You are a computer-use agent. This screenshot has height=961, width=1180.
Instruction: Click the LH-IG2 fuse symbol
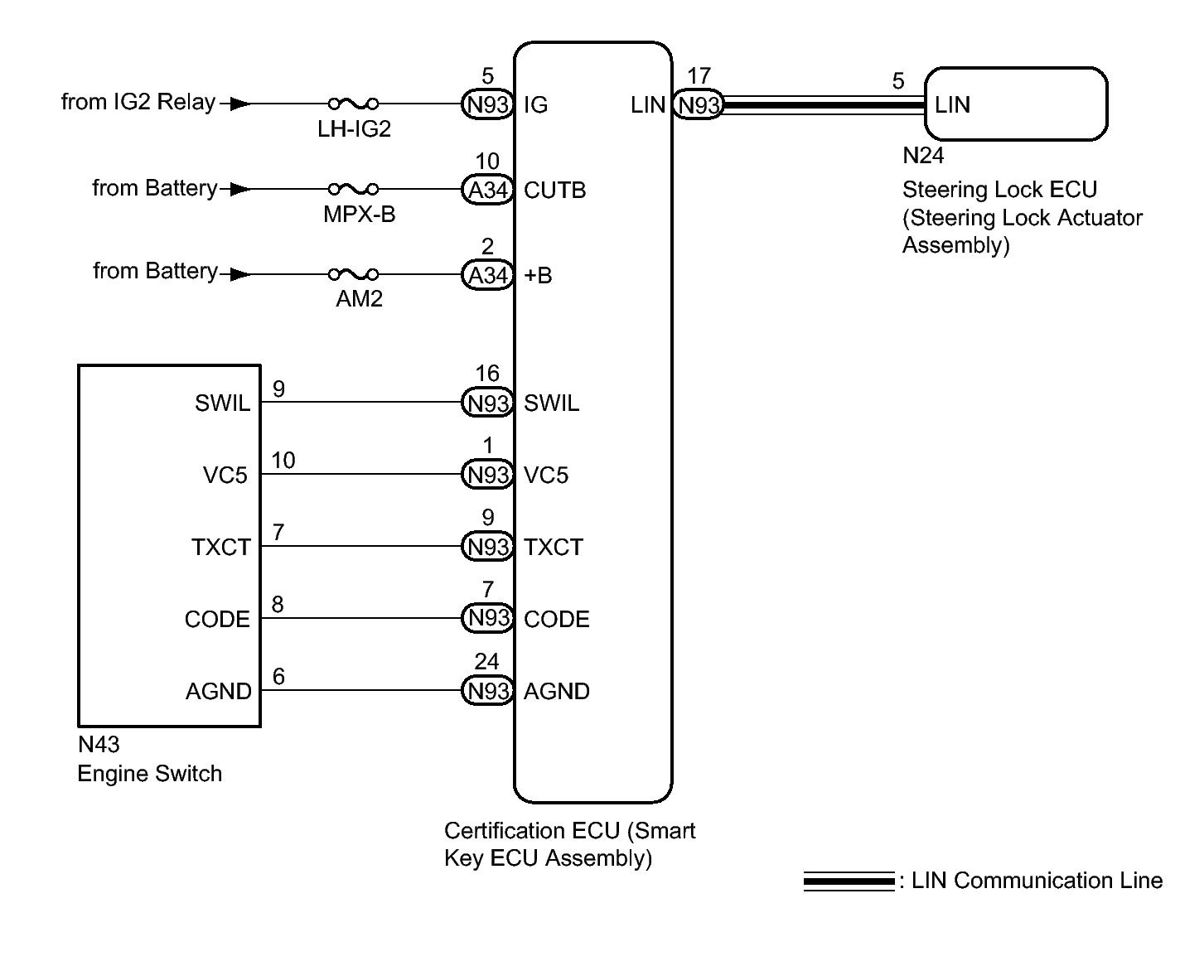(353, 104)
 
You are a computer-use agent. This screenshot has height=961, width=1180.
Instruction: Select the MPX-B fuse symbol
(353, 189)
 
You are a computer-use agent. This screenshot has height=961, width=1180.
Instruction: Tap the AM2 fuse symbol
(353, 273)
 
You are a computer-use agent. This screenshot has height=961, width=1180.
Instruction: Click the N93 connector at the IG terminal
(487, 104)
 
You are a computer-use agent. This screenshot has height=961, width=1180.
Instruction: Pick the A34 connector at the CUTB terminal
(487, 190)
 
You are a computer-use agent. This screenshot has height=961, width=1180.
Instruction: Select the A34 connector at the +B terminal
(487, 275)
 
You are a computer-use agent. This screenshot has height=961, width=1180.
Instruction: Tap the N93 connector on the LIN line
(699, 104)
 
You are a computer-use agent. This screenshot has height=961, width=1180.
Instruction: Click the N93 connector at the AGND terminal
(487, 690)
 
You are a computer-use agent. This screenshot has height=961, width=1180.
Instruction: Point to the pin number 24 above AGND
(487, 661)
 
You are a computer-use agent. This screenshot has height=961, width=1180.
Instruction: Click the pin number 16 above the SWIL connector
(487, 373)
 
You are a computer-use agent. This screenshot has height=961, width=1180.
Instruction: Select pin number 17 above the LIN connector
(699, 75)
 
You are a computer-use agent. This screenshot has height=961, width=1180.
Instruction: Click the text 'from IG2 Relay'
(138, 102)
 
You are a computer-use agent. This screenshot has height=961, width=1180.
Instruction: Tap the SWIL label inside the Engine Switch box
(223, 403)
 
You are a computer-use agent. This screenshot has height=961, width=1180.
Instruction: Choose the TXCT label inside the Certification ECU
(554, 548)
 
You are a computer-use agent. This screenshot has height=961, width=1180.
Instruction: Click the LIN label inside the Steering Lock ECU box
(952, 104)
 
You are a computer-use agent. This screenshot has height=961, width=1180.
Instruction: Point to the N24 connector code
(923, 155)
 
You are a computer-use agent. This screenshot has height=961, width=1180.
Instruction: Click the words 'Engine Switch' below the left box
(150, 773)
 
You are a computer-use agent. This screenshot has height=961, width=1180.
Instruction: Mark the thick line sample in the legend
(849, 881)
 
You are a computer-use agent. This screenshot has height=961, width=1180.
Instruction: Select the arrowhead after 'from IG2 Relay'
(239, 104)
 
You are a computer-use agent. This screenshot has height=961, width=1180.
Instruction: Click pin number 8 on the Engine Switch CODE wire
(278, 604)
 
